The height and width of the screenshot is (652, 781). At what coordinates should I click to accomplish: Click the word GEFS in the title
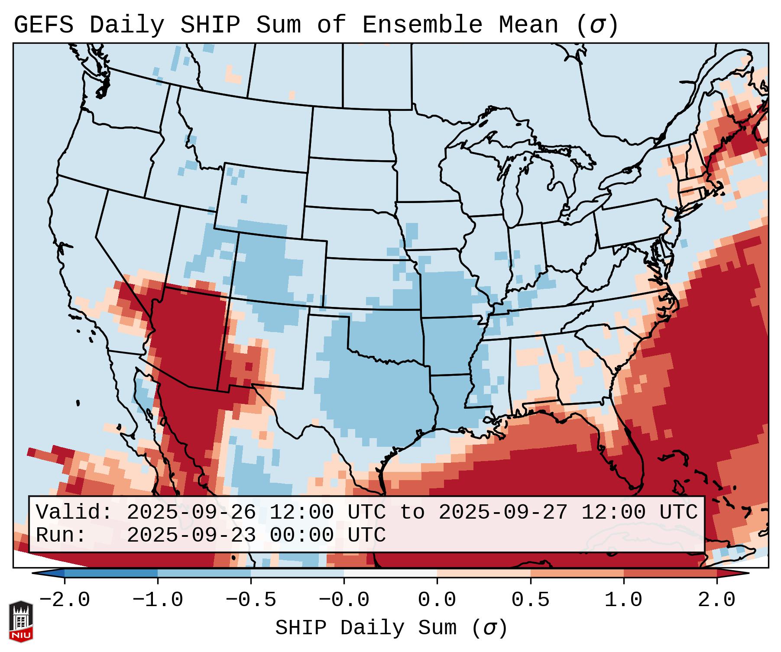[x=44, y=25]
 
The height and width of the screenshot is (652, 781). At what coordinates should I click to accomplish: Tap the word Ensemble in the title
[x=422, y=25]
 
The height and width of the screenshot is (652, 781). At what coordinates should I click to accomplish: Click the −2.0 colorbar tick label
[x=65, y=600]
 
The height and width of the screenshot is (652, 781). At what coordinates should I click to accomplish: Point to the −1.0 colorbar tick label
[x=158, y=600]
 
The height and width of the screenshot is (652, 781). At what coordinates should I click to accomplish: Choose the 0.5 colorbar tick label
[x=530, y=600]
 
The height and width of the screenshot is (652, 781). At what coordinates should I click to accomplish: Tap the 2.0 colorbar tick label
[x=717, y=600]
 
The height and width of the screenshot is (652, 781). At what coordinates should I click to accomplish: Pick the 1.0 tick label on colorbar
[x=623, y=600]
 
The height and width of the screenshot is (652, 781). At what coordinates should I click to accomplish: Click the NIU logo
[x=21, y=621]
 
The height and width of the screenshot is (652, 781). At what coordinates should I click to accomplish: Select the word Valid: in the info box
[x=74, y=512]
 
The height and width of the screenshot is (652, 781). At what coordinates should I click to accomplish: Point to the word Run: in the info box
[x=61, y=535]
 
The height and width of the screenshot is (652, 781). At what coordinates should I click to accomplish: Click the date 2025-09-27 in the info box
[x=503, y=512]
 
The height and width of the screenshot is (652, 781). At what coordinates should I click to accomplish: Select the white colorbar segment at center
[x=390, y=573]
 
